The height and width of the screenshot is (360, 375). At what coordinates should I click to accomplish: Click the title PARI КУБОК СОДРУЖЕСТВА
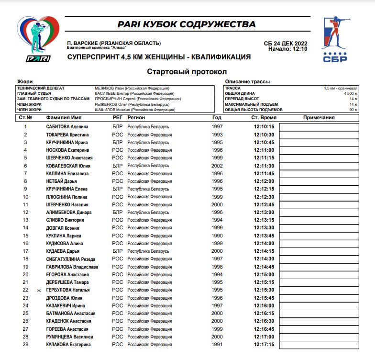click(187, 24)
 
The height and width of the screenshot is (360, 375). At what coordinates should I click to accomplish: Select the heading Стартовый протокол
click(187, 72)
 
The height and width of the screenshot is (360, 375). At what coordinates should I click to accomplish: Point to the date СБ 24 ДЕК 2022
click(286, 43)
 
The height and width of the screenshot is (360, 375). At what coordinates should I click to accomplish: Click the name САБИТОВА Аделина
click(67, 127)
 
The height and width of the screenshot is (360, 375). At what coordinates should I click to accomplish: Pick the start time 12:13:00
click(264, 213)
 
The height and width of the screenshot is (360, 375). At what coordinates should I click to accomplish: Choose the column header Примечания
click(319, 117)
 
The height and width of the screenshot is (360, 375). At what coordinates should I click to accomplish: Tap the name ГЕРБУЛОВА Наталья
click(68, 290)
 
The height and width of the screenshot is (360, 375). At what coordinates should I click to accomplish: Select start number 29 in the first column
click(26, 345)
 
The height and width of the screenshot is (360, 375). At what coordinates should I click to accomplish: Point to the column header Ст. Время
click(264, 117)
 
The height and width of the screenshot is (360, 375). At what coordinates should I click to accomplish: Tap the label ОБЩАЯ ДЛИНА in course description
click(240, 94)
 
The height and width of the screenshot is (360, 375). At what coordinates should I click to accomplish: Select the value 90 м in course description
click(353, 110)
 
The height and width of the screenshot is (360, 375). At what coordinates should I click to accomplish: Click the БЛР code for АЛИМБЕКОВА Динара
click(118, 213)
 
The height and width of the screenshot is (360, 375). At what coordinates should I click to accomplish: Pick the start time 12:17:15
click(264, 345)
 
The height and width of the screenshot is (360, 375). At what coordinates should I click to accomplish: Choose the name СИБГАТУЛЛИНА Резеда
click(71, 259)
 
